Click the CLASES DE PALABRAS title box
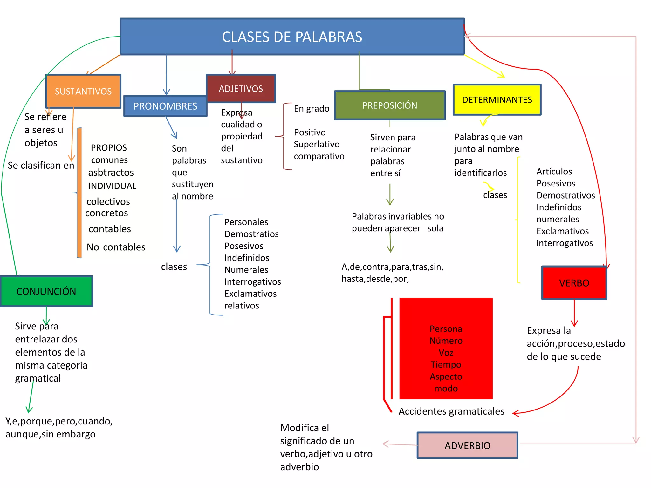(292, 37)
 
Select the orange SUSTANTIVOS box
(83, 91)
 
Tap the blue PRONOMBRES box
(165, 106)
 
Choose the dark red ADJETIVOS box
(241, 89)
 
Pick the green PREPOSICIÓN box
(390, 105)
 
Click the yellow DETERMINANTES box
(497, 100)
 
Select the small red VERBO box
(574, 283)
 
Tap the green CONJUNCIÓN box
(46, 291)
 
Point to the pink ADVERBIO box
(467, 445)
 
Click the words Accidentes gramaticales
(451, 411)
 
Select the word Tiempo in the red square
(446, 364)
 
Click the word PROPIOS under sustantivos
(109, 148)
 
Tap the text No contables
(116, 247)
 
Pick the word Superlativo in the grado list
(317, 144)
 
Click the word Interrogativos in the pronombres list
(253, 282)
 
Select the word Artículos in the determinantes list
(554, 172)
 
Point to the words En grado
(312, 109)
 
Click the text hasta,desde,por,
(375, 279)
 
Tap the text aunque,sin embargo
(51, 434)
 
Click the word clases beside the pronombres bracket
(174, 267)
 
